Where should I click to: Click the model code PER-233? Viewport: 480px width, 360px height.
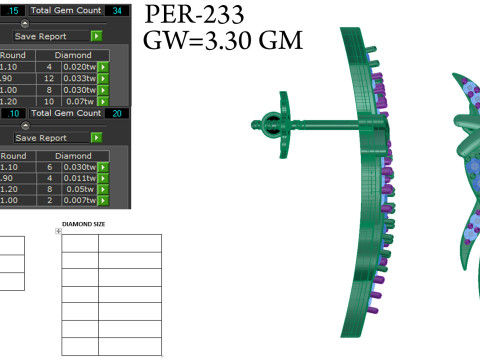point(194,15)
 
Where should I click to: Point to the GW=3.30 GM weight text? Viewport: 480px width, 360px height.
point(223,40)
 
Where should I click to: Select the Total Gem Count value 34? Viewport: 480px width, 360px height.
point(117,11)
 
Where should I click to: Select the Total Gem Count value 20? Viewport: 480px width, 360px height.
point(117,113)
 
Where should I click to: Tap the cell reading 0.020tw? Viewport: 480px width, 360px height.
point(80,67)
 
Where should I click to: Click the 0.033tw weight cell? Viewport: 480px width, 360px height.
point(80,78)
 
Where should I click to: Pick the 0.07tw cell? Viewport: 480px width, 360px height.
point(80,101)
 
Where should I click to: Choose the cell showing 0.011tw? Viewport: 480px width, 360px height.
point(80,178)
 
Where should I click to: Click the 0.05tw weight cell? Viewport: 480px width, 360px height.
point(80,189)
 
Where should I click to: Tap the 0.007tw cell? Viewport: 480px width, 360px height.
point(80,200)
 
